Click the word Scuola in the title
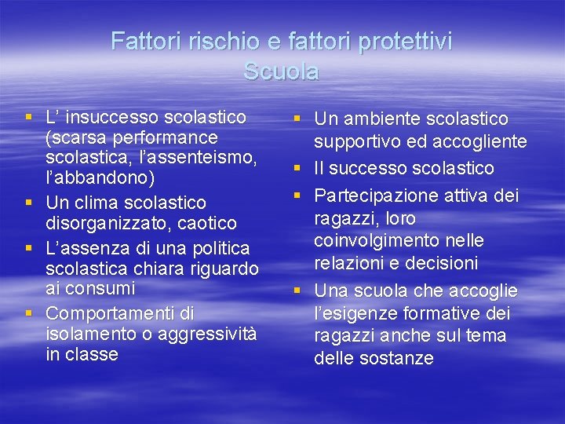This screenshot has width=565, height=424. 281,71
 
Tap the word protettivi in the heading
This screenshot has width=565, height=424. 405,41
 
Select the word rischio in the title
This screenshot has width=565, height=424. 197,41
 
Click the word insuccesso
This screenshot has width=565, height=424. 118,118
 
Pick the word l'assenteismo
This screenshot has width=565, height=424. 197,157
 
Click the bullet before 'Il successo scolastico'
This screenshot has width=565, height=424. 298,169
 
